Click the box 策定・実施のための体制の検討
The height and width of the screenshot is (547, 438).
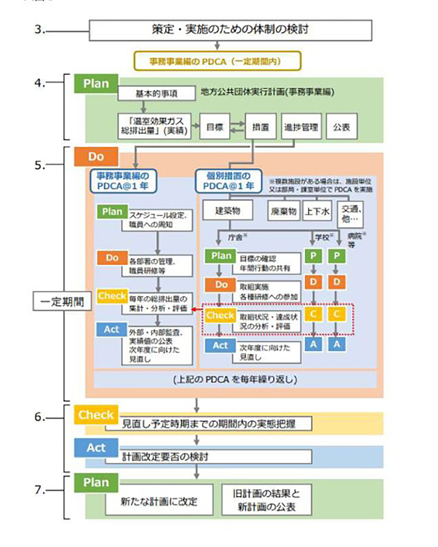[x=230, y=30]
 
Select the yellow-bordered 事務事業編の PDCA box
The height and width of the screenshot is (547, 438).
[x=217, y=61]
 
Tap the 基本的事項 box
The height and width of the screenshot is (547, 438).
[x=156, y=94]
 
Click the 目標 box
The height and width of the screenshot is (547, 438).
[x=214, y=127]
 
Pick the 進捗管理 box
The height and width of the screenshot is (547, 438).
[x=301, y=127]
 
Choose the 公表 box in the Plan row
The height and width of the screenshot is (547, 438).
[x=341, y=127]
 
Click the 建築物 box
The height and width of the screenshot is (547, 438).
[x=227, y=211]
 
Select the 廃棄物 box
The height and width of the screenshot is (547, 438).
[x=283, y=211]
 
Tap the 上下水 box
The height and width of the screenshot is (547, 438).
[x=317, y=211]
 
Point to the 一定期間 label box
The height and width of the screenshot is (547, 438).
[x=62, y=301]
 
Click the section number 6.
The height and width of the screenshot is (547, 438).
[x=39, y=417]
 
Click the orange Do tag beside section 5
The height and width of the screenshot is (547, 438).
[x=96, y=157]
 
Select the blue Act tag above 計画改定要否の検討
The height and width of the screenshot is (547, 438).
[x=96, y=448]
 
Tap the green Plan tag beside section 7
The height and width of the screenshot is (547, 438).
[x=96, y=482]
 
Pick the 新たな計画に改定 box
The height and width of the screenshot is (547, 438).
[x=159, y=501]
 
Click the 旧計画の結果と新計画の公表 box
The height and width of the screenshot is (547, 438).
[x=266, y=500]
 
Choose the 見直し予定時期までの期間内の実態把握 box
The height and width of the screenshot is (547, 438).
[x=209, y=424]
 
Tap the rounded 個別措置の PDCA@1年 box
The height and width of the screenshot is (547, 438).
[x=229, y=181]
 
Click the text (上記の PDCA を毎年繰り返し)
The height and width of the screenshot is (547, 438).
[x=235, y=380]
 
